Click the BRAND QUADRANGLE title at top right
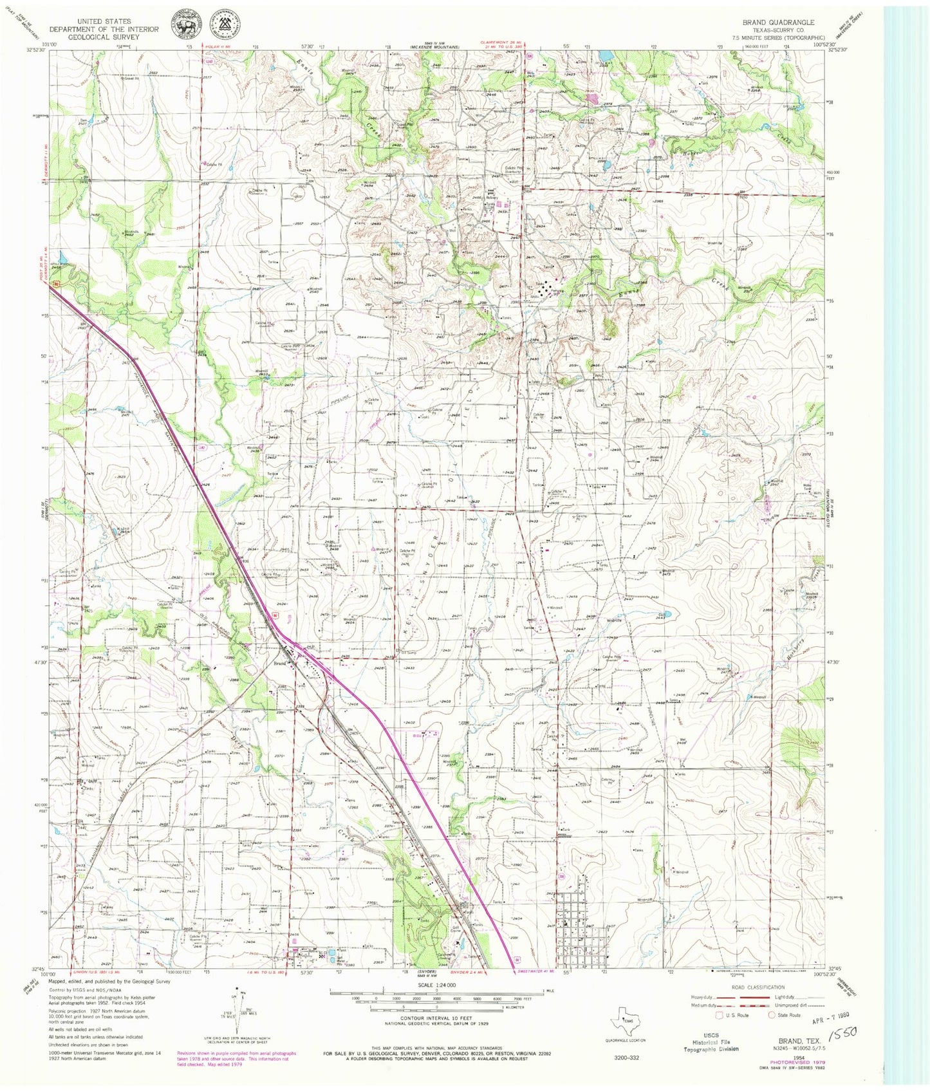point(778,22)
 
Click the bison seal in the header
point(184,24)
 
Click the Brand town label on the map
point(279,664)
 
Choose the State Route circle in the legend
point(773,1016)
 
